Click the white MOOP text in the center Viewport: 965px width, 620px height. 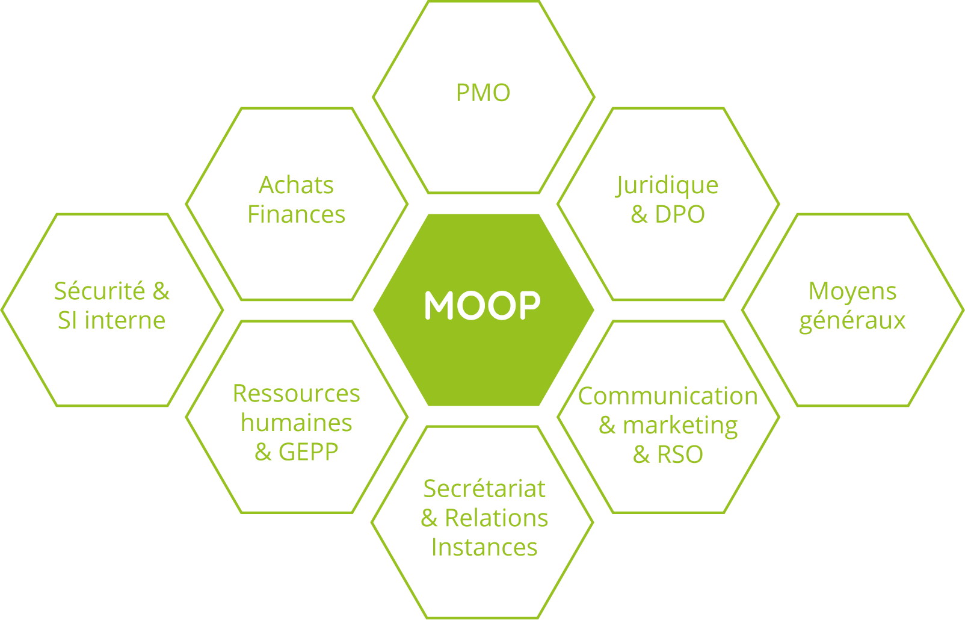coord(482,305)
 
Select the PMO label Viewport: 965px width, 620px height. coord(483,93)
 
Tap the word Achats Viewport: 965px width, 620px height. coord(296,185)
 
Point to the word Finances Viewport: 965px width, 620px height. coord(296,214)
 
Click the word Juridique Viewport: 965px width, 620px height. coord(667,185)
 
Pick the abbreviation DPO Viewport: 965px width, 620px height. coord(680,214)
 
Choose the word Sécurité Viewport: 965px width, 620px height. coord(100,291)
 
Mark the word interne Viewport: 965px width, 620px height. coord(125,320)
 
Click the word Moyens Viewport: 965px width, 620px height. coord(852,291)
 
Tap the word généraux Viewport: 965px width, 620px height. coord(852,321)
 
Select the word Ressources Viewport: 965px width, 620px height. coord(296,394)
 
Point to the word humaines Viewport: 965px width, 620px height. coord(296,423)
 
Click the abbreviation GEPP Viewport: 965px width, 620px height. coord(308,451)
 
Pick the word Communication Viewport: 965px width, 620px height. coord(668,396)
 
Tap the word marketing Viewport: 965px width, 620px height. coord(680,426)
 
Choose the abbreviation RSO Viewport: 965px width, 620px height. coord(680,454)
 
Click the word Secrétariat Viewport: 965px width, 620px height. coord(484,489)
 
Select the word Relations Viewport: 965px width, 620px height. coord(496,518)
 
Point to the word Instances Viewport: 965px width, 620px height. coord(484,547)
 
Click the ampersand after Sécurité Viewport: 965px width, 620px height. coord(161,291)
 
